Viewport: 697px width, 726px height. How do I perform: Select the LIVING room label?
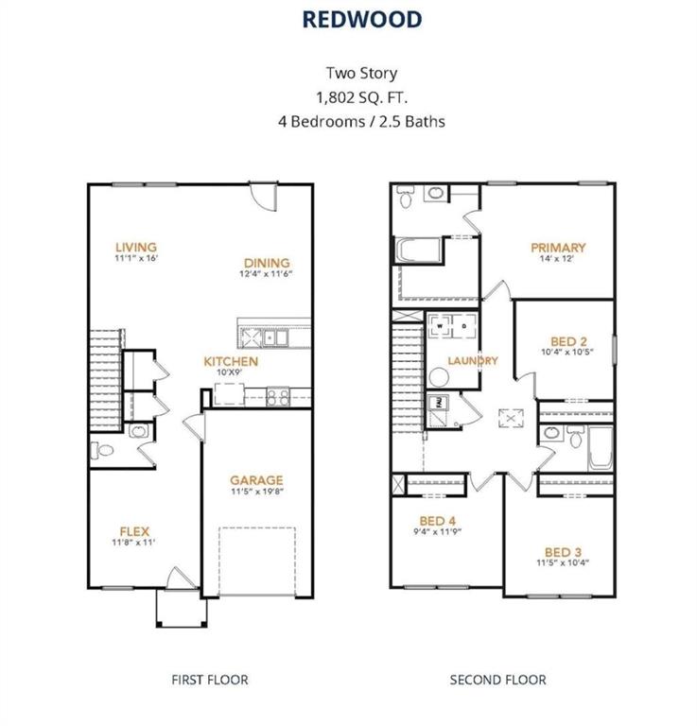(135, 248)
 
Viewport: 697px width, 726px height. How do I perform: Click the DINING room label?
(266, 263)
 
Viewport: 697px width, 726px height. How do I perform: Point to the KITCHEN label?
(232, 361)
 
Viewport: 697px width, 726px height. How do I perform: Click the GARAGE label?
(256, 480)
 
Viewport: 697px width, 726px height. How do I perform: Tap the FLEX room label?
(134, 530)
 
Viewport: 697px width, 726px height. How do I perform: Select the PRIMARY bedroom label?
(558, 248)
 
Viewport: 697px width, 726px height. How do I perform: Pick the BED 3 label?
(563, 552)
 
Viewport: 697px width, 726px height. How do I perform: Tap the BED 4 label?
(438, 520)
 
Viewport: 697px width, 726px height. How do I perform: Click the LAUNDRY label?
(473, 360)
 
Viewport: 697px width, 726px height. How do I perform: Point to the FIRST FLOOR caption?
(209, 679)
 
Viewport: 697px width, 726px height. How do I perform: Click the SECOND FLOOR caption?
(497, 679)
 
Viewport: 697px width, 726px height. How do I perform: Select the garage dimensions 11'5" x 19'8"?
(256, 493)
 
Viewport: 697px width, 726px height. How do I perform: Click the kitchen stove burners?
(277, 397)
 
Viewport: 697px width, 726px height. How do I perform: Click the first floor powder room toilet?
(103, 450)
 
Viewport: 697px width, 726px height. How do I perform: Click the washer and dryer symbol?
(454, 328)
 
